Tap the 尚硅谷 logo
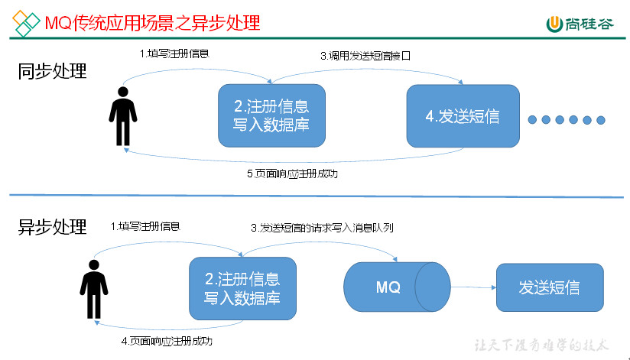579,24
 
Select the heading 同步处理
52,72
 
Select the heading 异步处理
52,227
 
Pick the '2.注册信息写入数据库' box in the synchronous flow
271,115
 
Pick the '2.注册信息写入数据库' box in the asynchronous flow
242,287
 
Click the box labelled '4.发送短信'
463,116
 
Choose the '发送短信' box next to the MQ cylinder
549,287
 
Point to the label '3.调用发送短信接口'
371,56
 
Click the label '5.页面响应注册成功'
292,174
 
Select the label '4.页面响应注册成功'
167,341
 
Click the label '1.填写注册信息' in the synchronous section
174,54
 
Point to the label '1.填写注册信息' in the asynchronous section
145,227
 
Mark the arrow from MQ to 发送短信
471,288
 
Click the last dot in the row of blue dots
601,119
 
